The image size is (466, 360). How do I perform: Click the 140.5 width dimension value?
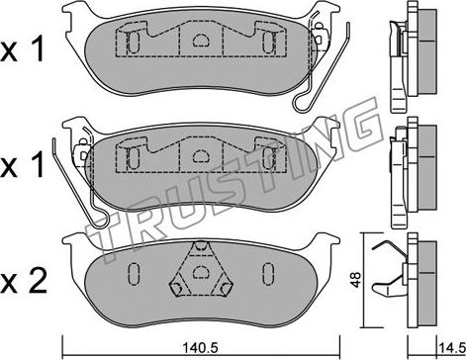point(201,347)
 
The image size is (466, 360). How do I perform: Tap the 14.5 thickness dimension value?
point(451,347)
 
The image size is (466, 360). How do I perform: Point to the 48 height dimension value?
point(355,280)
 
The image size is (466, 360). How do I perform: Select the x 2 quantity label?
point(23,282)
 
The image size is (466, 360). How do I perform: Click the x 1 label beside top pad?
point(23,50)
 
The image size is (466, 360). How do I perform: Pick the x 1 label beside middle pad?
point(23,165)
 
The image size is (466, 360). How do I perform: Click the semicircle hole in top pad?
point(201,41)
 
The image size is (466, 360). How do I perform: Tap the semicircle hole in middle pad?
point(201,155)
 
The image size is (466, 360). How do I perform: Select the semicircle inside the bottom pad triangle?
point(201,271)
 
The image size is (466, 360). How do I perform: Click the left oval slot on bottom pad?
point(134,274)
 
